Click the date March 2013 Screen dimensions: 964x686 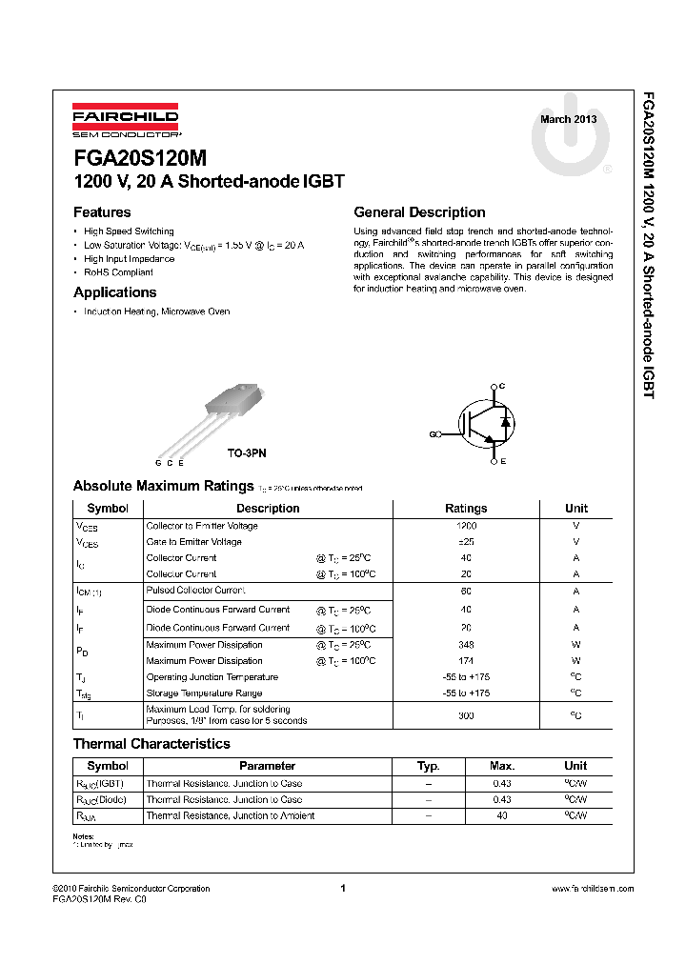pos(569,119)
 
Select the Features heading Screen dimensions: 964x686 pos(102,212)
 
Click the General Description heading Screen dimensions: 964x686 pos(419,212)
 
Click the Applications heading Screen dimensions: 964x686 pos(114,292)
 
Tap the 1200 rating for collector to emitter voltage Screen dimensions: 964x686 pos(466,526)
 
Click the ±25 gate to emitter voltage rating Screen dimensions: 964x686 pos(466,542)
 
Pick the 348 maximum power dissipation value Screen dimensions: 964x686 pos(466,645)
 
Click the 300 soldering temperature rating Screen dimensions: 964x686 pos(466,715)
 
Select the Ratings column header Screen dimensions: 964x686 pos(466,509)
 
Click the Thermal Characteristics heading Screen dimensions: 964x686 pos(151,744)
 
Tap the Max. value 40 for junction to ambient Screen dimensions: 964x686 pos(502,816)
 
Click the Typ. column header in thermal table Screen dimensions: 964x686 pos(429,766)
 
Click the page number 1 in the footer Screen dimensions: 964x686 pos(342,889)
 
